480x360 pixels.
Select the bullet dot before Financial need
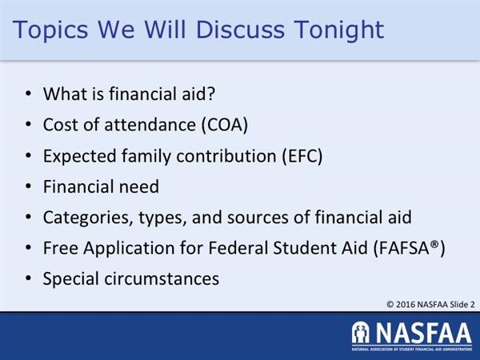point(28,187)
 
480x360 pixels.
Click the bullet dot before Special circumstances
point(28,280)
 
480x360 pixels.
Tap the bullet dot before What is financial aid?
point(28,94)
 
